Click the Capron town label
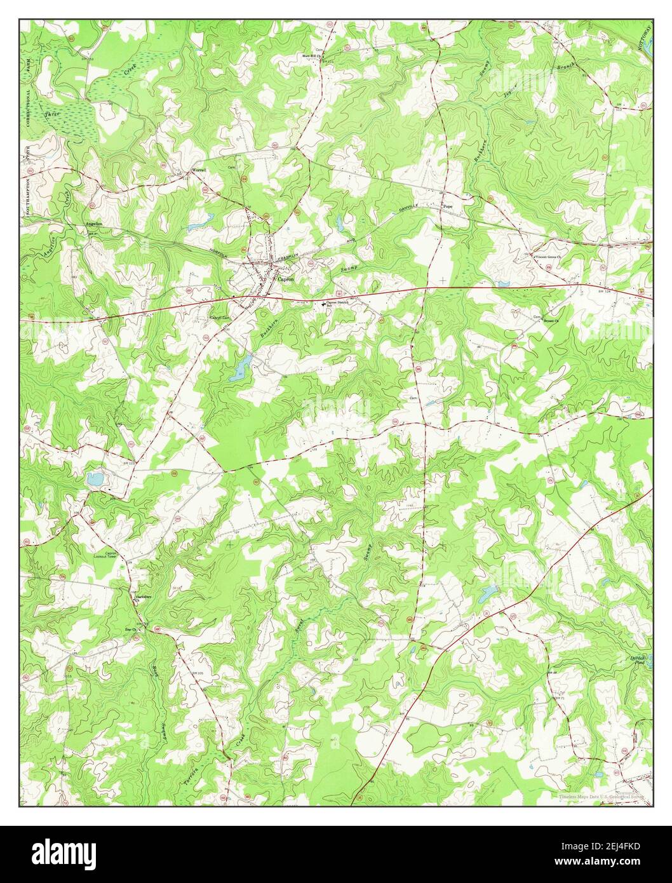[x=285, y=278]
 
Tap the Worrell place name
[x=199, y=170]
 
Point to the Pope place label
[x=448, y=206]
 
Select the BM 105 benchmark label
[x=196, y=673]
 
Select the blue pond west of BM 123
[x=94, y=479]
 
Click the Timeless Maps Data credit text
[x=600, y=795]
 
